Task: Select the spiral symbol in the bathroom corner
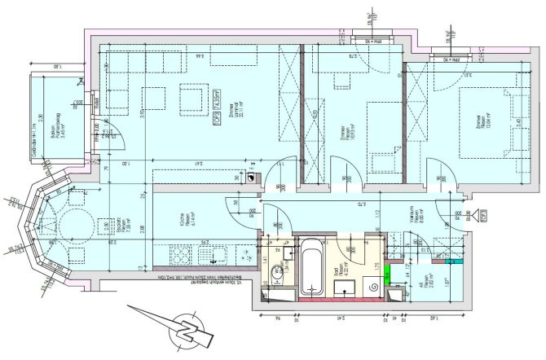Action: coord(374,287)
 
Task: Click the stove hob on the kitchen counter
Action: coord(180,258)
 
